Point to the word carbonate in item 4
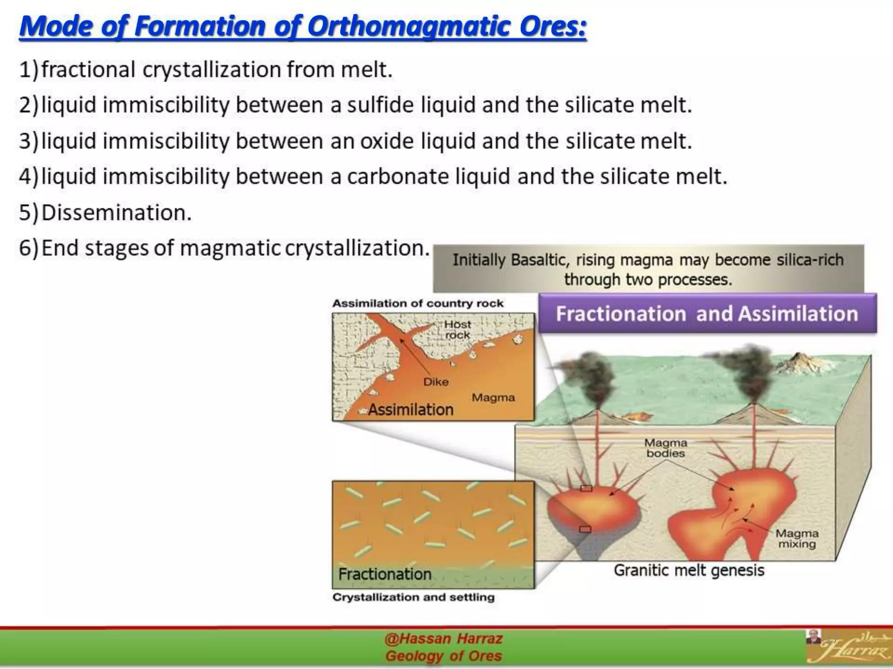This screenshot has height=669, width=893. [x=398, y=177]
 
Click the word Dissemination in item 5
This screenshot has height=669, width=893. [x=116, y=213]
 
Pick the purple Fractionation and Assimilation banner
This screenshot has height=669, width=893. [x=707, y=314]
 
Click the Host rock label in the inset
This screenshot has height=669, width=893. [x=457, y=330]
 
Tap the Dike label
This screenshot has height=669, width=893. [x=436, y=382]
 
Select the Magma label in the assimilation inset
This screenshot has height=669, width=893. [x=493, y=398]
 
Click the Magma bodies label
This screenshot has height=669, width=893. [x=665, y=448]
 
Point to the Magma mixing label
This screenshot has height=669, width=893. [x=797, y=539]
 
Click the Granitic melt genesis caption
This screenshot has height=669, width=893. [x=689, y=570]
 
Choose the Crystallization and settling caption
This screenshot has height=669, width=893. [x=413, y=597]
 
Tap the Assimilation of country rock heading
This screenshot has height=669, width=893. [x=418, y=304]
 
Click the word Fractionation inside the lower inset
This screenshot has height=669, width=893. [x=385, y=574]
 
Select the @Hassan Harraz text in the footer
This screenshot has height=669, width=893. [x=443, y=639]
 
